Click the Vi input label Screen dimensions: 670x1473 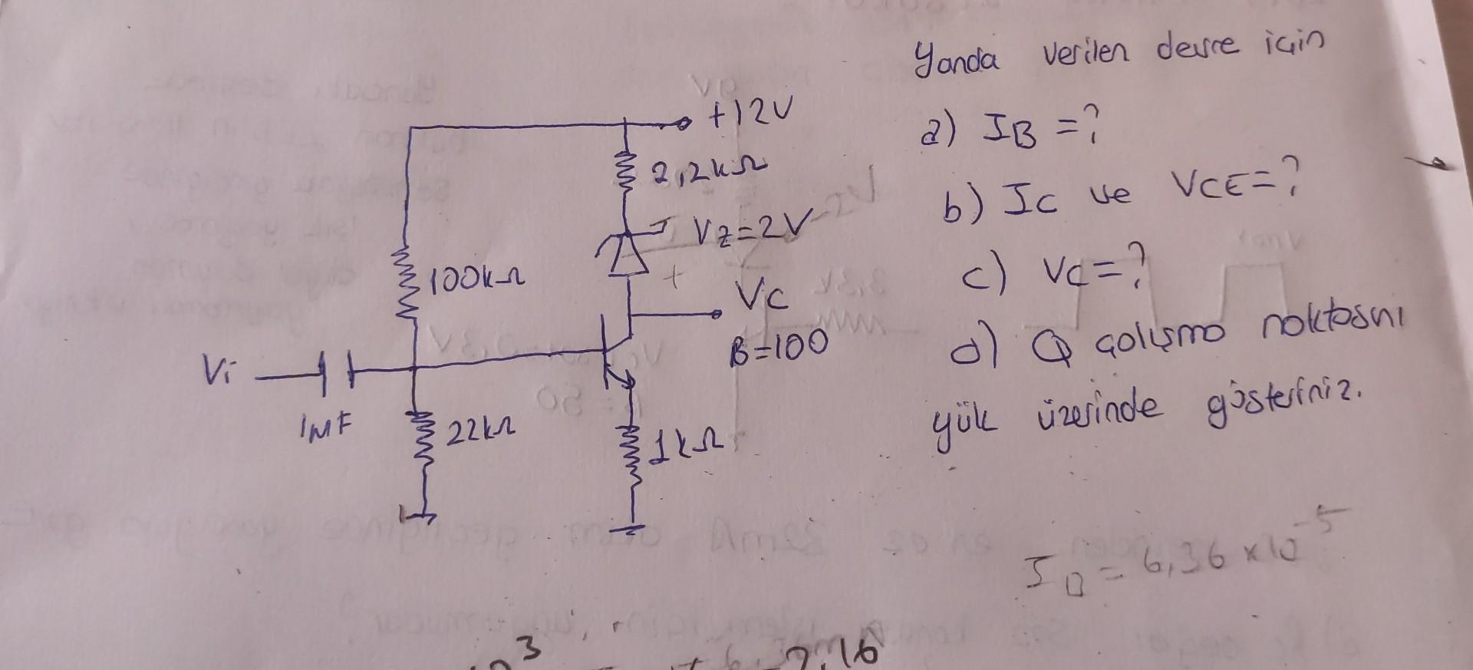[216, 375]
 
